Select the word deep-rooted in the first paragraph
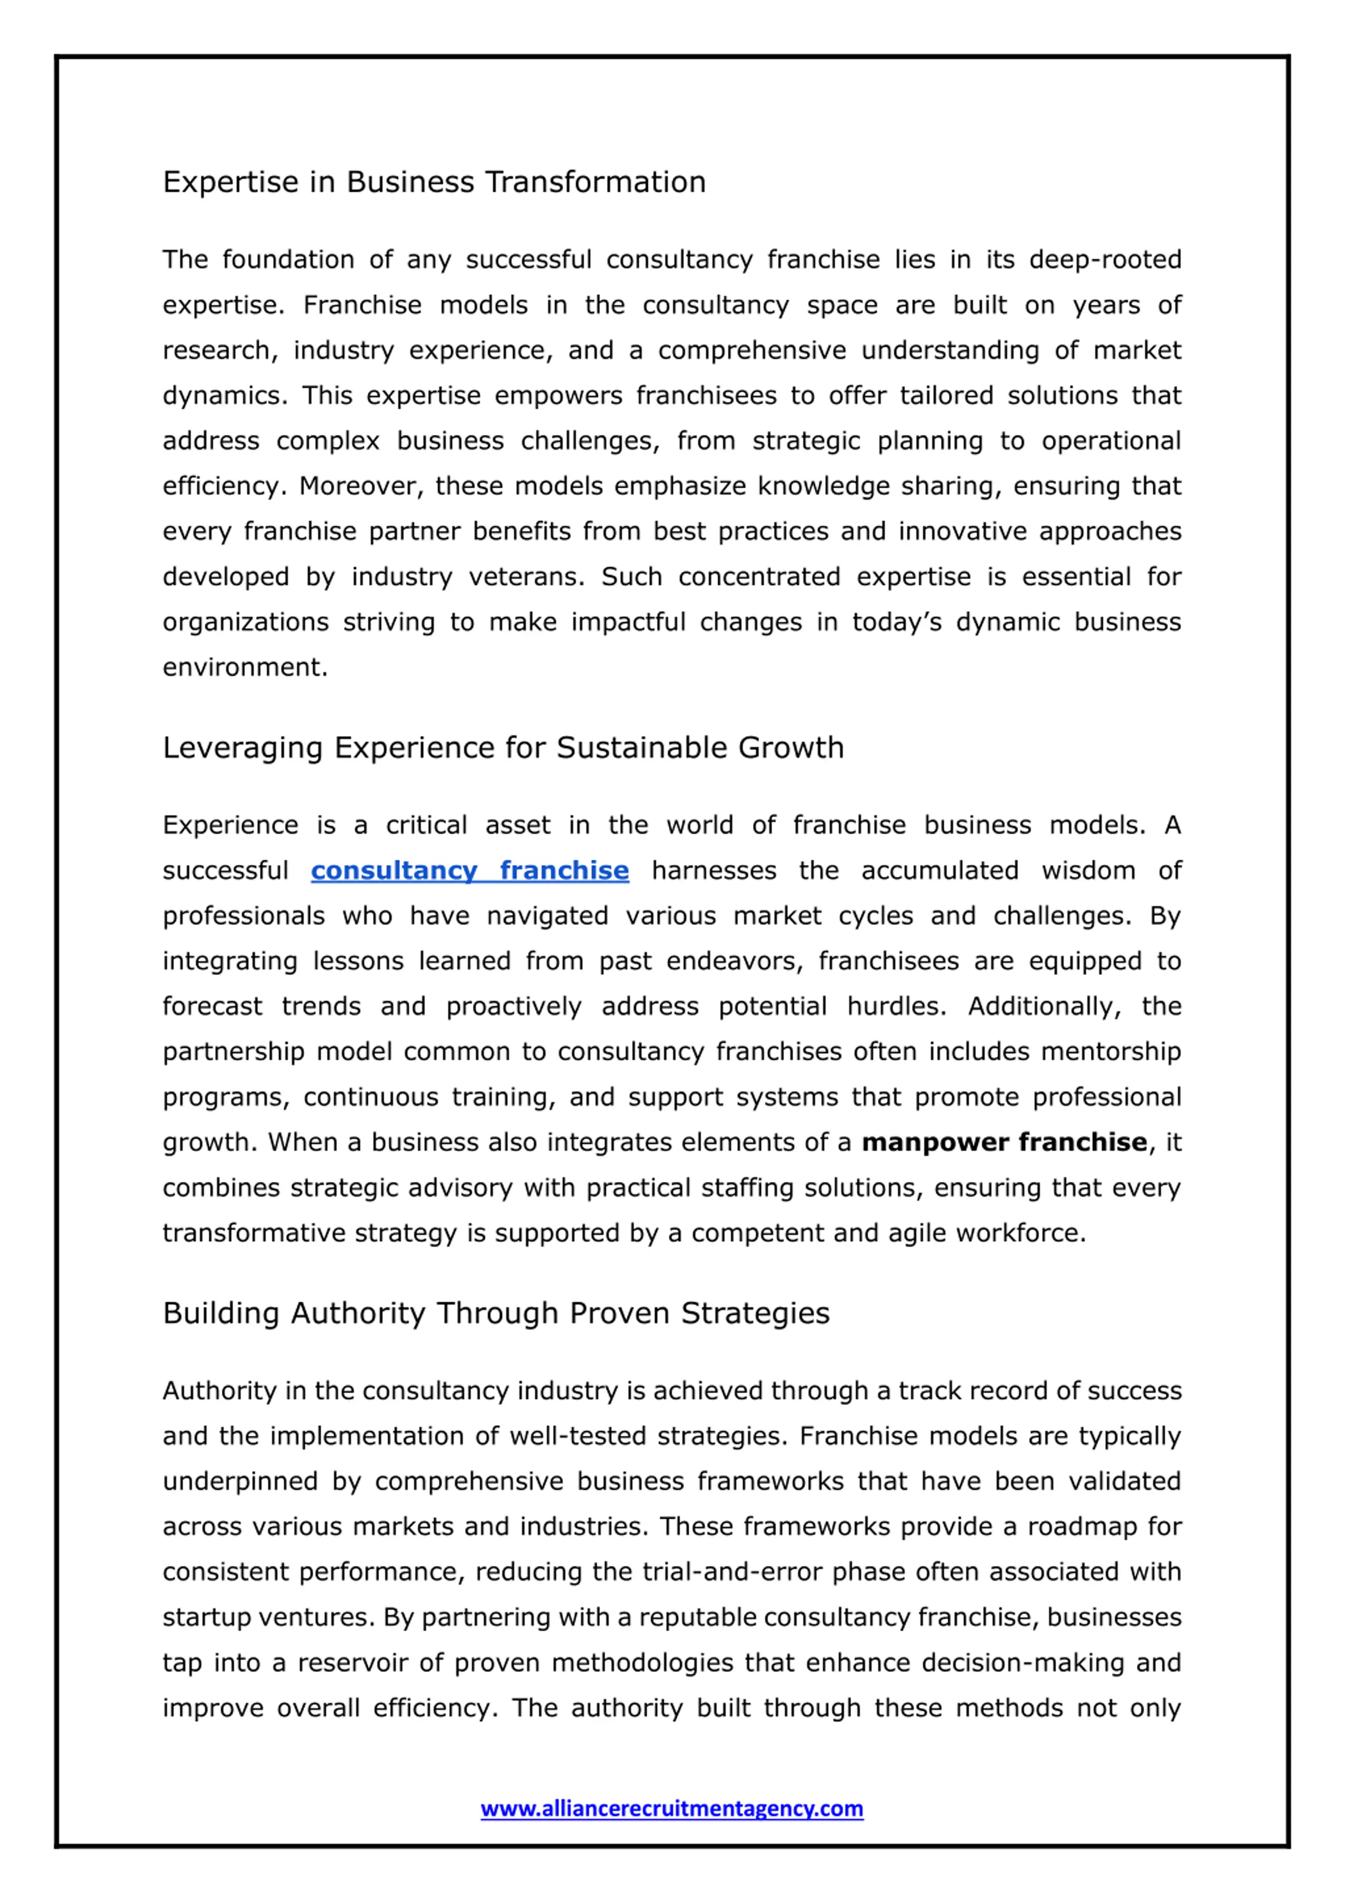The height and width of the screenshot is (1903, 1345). click(1105, 260)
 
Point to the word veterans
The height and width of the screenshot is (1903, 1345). click(526, 577)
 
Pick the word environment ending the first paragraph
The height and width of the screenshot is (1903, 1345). click(244, 667)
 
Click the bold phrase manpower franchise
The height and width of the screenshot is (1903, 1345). click(1005, 1142)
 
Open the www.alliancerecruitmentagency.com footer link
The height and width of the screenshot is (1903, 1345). click(672, 1808)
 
